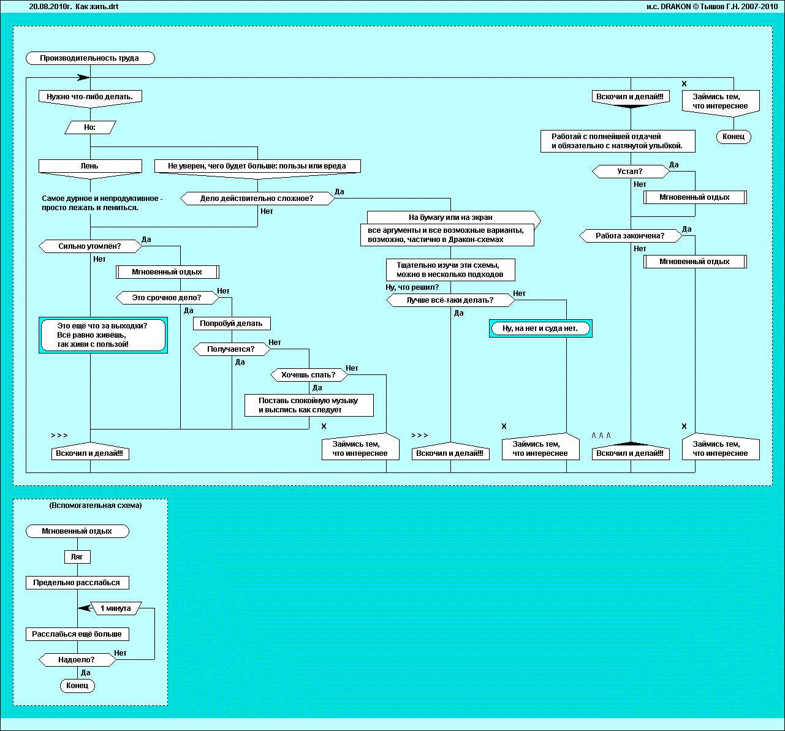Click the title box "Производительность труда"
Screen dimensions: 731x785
coord(89,58)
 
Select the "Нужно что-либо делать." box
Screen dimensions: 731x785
coord(89,96)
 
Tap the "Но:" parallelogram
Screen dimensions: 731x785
coord(89,127)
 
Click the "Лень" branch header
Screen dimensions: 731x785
coord(89,166)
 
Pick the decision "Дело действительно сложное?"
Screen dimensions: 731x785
coord(257,199)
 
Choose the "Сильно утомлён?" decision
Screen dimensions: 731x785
coord(89,246)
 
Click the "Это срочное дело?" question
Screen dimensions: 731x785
coord(167,298)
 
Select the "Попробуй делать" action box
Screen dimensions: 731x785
coord(231,324)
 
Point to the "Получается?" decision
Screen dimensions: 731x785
coord(231,349)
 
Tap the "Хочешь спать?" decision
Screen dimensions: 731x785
coord(308,375)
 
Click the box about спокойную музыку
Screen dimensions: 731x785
coord(308,405)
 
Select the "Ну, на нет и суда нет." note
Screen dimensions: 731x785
coord(540,328)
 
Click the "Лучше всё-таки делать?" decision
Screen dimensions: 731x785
coord(450,300)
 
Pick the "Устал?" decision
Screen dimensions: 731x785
coord(630,172)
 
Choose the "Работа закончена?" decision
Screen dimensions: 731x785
coord(630,235)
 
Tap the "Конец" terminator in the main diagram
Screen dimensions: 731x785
coord(733,137)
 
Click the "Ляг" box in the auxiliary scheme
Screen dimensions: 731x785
coord(77,557)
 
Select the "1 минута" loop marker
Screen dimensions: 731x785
coord(115,608)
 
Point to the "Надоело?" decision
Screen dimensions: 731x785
coord(77,660)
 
